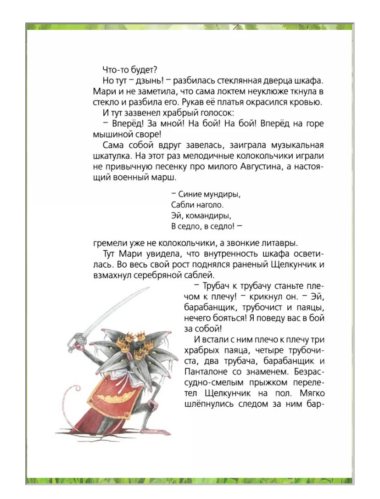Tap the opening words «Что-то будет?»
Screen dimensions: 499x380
(x=130, y=70)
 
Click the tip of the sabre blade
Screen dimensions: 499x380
(x=149, y=288)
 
